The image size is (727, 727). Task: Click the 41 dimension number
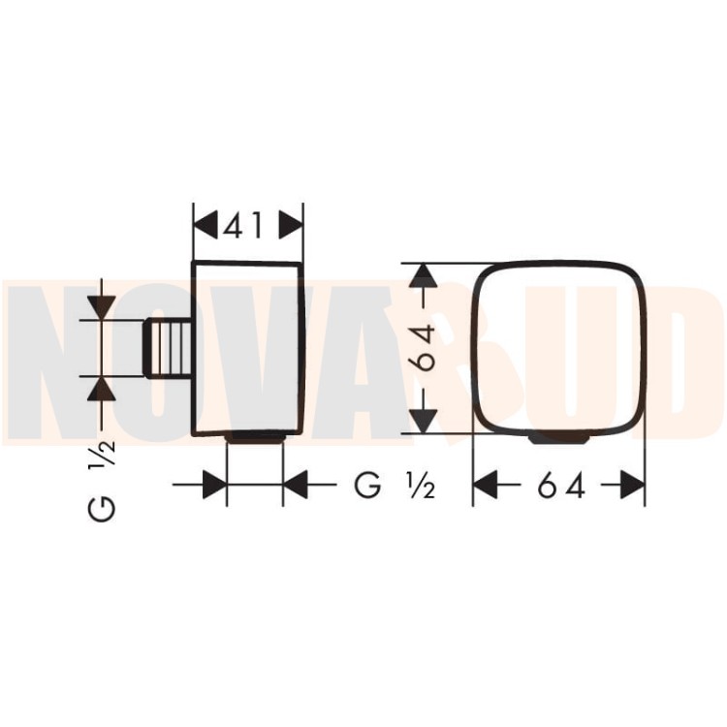pyautogui.click(x=243, y=226)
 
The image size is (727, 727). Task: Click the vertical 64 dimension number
pyautogui.click(x=425, y=348)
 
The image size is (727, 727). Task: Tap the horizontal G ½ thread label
pyautogui.click(x=395, y=486)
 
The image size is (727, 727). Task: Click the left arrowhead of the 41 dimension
pyautogui.click(x=205, y=226)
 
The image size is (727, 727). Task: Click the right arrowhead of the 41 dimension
pyautogui.click(x=291, y=226)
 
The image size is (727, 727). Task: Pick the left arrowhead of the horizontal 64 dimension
pyautogui.click(x=485, y=486)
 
